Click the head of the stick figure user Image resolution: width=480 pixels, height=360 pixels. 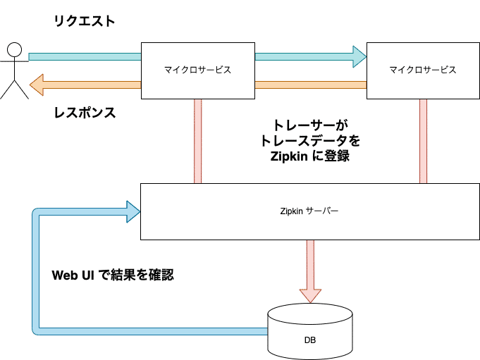[x=14, y=49]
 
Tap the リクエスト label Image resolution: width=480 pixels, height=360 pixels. [x=84, y=22]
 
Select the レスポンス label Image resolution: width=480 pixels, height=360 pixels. [x=84, y=113]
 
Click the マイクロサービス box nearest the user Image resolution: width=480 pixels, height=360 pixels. [x=197, y=70]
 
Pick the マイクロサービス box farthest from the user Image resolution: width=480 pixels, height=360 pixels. [x=422, y=70]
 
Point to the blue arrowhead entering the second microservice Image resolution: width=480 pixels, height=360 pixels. [x=359, y=56]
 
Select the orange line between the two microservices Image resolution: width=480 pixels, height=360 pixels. [x=310, y=85]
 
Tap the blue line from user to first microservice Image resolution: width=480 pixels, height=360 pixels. [x=85, y=56]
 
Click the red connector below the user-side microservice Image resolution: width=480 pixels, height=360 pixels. [x=197, y=141]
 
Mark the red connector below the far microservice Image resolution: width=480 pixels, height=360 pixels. [x=424, y=141]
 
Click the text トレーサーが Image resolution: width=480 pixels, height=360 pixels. [x=310, y=126]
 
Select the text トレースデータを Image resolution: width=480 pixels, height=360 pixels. [x=310, y=141]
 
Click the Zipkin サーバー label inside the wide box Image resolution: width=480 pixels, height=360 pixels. [x=309, y=211]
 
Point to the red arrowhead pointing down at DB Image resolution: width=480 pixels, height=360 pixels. [x=309, y=294]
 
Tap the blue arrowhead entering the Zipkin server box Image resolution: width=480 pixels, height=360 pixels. [x=133, y=210]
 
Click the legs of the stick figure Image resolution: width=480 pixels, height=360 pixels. [x=14, y=87]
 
